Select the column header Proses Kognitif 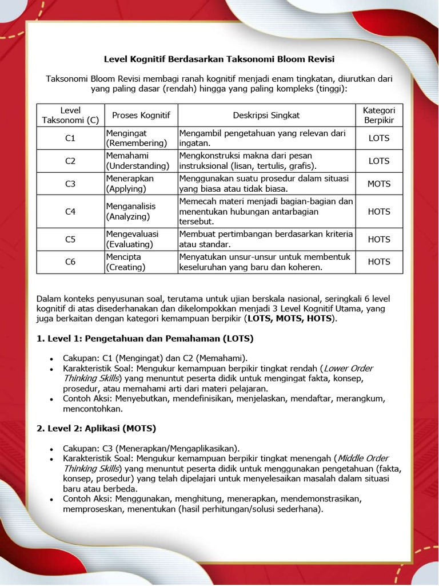[x=141, y=115]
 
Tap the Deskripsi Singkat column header [x=266, y=115]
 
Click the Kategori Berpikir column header [x=379, y=115]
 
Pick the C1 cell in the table [x=70, y=138]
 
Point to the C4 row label [x=70, y=211]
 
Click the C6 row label [x=70, y=262]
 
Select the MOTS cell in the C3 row [x=379, y=184]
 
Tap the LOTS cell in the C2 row [x=379, y=161]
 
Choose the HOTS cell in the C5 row [x=379, y=239]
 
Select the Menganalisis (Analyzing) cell [x=130, y=211]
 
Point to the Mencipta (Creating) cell [x=126, y=262]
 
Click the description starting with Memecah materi [x=266, y=211]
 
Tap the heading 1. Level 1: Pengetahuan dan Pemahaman [x=145, y=338]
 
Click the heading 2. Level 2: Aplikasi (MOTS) [x=97, y=428]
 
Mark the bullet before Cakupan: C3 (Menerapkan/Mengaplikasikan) [x=51, y=449]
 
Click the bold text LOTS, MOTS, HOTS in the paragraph [x=291, y=319]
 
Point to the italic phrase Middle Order [x=363, y=458]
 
